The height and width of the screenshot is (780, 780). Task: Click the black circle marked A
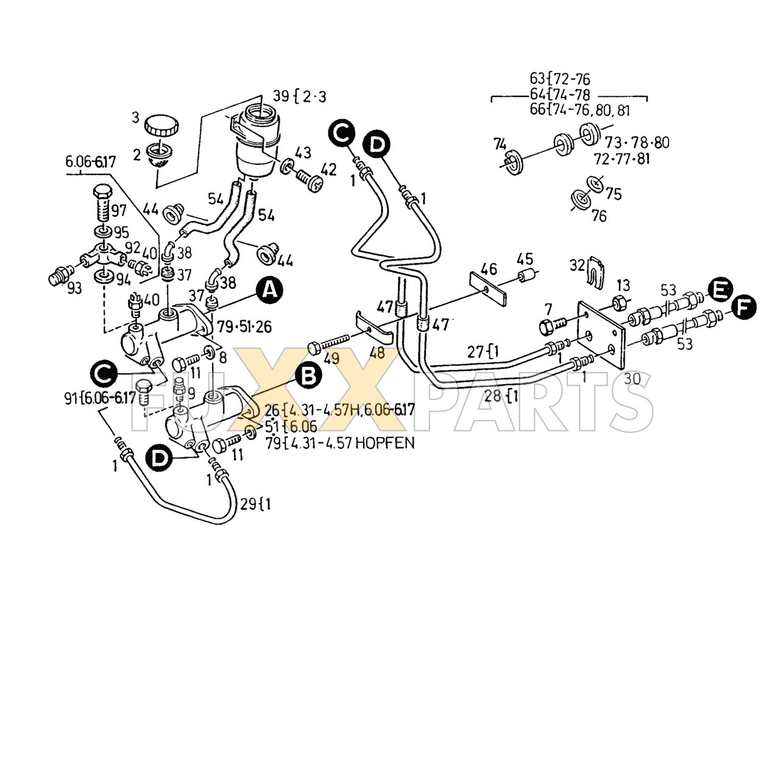point(269,291)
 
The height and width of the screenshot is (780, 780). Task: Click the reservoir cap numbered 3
point(161,127)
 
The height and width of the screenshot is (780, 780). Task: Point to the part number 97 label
point(119,211)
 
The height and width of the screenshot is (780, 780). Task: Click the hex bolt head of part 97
point(102,191)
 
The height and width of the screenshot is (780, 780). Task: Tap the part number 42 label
point(329,169)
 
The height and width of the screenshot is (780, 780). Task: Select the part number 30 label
point(632,378)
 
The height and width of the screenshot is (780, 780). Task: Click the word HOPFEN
point(385,443)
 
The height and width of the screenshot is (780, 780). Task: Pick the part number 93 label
point(74,288)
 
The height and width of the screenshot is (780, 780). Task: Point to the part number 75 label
point(614,194)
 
